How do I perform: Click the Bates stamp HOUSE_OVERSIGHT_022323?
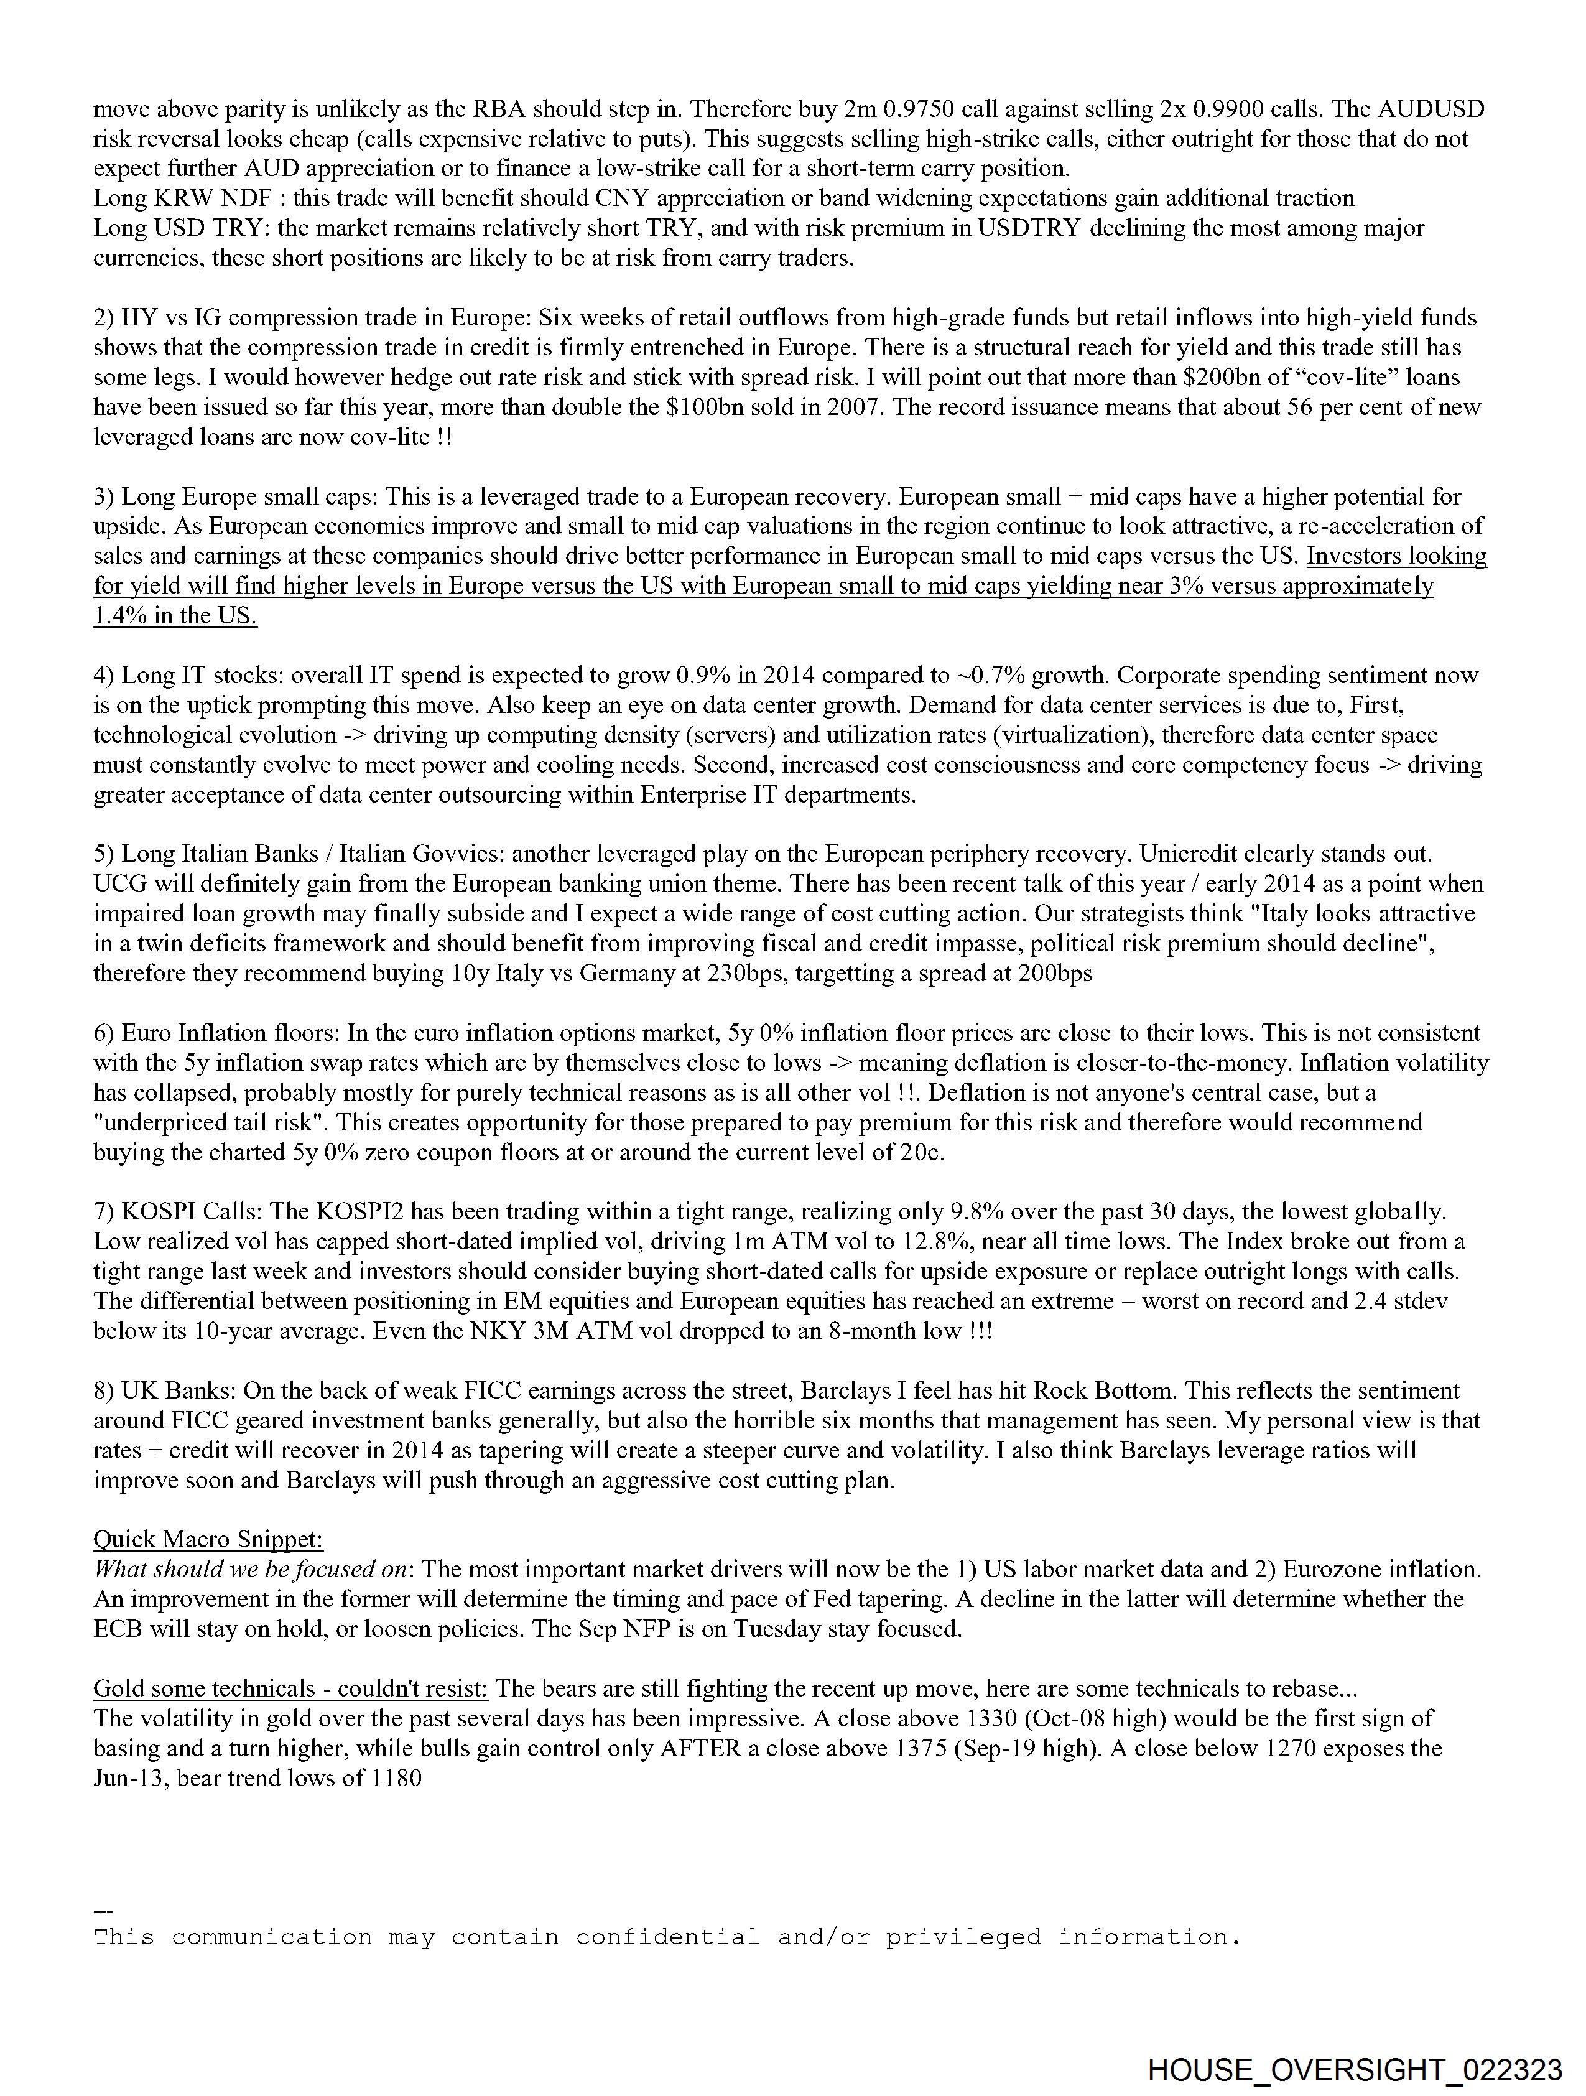click(x=1354, y=2069)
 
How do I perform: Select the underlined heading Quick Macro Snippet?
click(x=208, y=1539)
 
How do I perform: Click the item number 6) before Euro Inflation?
click(x=104, y=1033)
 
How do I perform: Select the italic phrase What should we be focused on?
click(x=250, y=1569)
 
